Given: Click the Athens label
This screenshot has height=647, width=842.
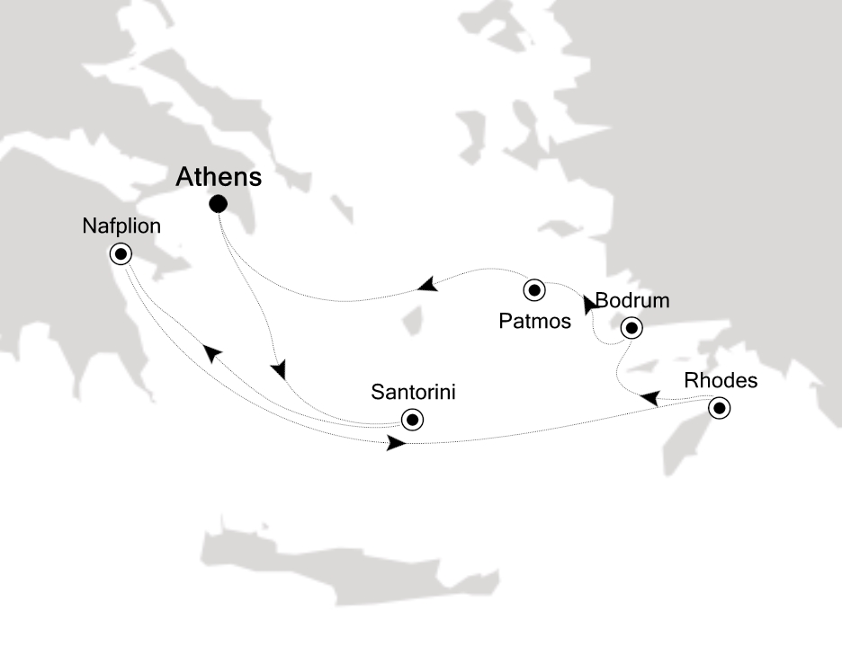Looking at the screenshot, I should [219, 176].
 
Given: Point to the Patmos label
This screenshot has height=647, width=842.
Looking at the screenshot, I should [534, 320].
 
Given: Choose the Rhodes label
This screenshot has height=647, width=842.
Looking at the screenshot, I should [721, 380].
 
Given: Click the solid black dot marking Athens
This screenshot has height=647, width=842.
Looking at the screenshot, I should [218, 205].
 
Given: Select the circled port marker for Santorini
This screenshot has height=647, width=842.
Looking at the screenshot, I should [412, 419].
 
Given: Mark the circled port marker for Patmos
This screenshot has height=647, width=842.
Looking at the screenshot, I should [535, 290].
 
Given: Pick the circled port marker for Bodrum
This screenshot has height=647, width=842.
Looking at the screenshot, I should [631, 328].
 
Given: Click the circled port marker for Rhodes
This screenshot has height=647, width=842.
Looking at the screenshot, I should [719, 409].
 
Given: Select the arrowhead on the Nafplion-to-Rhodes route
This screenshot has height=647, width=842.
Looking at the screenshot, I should [395, 443].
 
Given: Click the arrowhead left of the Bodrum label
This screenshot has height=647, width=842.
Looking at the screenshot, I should [589, 306].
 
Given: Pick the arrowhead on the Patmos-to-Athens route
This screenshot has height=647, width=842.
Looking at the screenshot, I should [427, 285].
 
